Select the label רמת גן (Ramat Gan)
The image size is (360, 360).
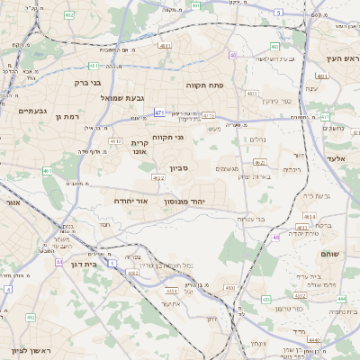pos(68,116)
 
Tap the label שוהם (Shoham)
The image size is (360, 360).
pos(329,254)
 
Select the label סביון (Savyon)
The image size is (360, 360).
pos(178,168)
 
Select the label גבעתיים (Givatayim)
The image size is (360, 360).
pos(32,111)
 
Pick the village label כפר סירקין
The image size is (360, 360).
pos(275,101)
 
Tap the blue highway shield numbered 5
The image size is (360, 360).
pos(279,13)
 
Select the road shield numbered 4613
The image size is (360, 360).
pos(115,141)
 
